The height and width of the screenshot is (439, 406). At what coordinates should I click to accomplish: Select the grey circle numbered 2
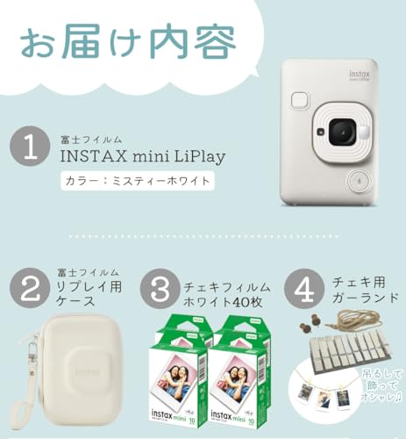30,288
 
